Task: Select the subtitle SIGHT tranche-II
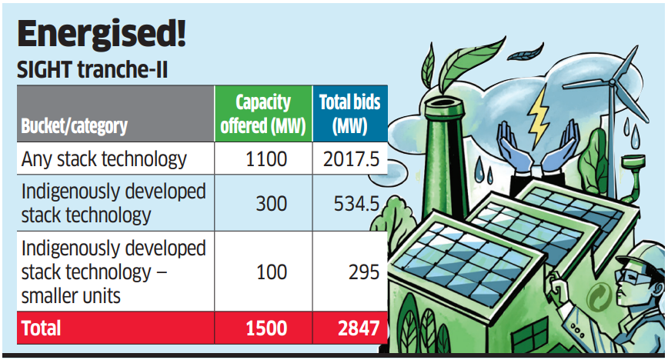92,71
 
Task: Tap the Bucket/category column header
74,125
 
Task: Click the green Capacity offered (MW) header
262,113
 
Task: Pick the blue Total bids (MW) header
349,113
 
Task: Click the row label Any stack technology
104,159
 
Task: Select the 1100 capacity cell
262,159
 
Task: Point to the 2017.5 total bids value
349,159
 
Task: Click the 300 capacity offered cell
271,203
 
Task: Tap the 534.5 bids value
356,203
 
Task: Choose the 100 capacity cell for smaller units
271,272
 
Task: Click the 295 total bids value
362,272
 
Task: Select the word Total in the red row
42,328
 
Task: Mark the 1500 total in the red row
266,328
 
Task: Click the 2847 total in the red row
359,328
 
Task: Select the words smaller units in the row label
69,295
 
